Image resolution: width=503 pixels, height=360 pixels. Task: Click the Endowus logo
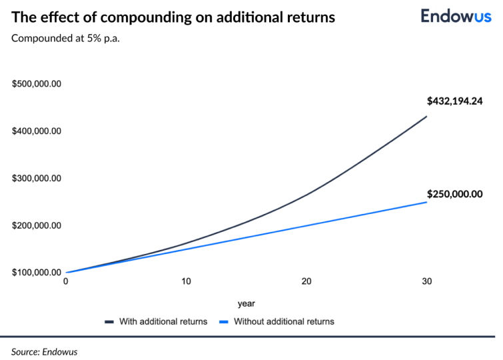coord(454,16)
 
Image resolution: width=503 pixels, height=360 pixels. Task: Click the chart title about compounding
coord(173,17)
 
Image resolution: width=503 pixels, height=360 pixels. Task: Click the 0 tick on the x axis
coord(66,281)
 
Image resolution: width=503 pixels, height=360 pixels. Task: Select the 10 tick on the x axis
coord(187,281)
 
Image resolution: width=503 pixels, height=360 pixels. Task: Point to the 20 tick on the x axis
coord(306,281)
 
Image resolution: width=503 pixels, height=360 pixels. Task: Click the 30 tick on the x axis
coord(426,281)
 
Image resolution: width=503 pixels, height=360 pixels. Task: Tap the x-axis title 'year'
coord(246,303)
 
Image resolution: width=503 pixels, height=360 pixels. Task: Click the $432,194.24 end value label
coord(454,101)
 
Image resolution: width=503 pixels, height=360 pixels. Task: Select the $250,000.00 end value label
coord(454,194)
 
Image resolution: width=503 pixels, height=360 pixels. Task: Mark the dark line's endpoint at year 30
coord(426,117)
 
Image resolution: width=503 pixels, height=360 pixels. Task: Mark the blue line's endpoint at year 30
coord(426,201)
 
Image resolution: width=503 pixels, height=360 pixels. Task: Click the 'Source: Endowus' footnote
coord(44,351)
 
